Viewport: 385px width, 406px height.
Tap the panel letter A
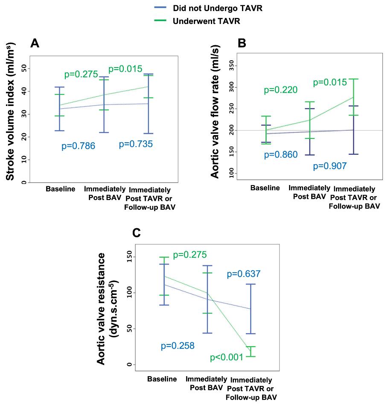[x=35, y=43]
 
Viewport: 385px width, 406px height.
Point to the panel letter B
[x=242, y=43]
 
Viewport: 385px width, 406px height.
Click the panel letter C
[x=137, y=233]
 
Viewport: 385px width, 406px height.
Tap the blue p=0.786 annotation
[x=78, y=146]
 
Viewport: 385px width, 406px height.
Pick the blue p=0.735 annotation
[x=136, y=144]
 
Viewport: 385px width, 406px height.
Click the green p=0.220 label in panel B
[x=280, y=90]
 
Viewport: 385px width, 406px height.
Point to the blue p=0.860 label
[x=281, y=154]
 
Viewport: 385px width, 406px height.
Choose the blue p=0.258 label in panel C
[x=178, y=346]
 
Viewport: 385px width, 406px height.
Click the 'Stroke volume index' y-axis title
[x=10, y=111]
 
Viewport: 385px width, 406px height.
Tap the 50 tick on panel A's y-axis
[x=23, y=68]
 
